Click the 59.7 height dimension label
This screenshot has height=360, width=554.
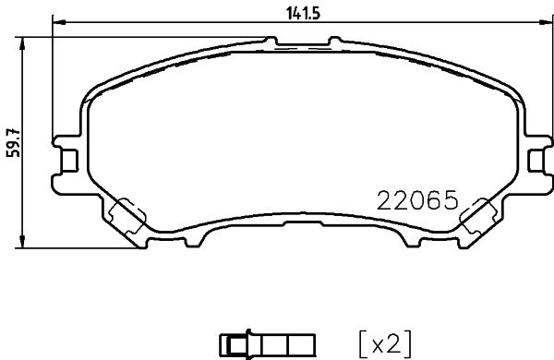coord(12,143)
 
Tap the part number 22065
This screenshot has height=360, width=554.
coord(418,200)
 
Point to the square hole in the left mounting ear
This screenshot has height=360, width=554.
coord(67,159)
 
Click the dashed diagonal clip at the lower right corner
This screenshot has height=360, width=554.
coord(478,218)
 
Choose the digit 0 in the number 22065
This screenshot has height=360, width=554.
coord(418,200)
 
